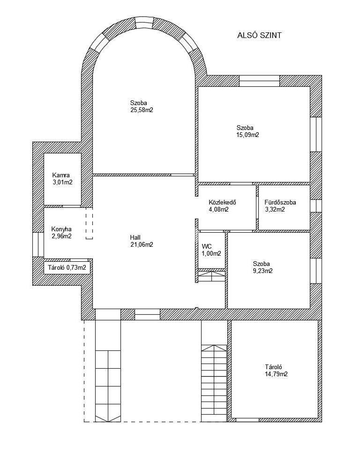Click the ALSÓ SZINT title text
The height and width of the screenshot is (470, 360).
click(260, 36)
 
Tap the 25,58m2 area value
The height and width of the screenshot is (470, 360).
click(142, 111)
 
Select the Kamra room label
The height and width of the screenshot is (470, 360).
click(61, 175)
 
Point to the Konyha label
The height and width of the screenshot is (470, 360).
click(61, 229)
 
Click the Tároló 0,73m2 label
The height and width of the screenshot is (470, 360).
click(67, 268)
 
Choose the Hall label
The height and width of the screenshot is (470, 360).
click(135, 237)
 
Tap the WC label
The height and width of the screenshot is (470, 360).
click(207, 246)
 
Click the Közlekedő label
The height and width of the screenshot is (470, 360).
click(222, 203)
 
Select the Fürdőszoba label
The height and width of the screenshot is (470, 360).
click(280, 203)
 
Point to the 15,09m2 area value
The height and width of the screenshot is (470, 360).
click(248, 135)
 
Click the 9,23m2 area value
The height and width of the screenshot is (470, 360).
click(262, 271)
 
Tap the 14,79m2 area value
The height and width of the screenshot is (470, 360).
click(276, 374)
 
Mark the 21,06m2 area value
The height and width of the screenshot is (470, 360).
click(142, 244)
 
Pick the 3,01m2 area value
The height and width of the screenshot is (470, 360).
click(62, 182)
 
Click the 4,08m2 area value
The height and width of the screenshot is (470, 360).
click(219, 210)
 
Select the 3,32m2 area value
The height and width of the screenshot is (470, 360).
click(275, 210)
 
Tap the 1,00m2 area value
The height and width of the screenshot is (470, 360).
click(211, 253)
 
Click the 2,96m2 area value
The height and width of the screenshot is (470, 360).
click(61, 236)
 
